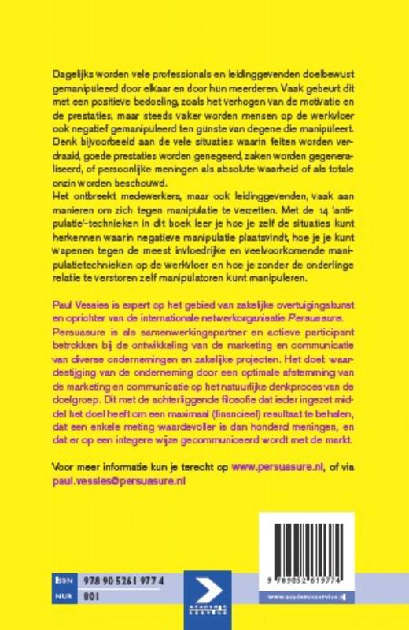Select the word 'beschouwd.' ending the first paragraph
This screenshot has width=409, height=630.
point(154,181)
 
